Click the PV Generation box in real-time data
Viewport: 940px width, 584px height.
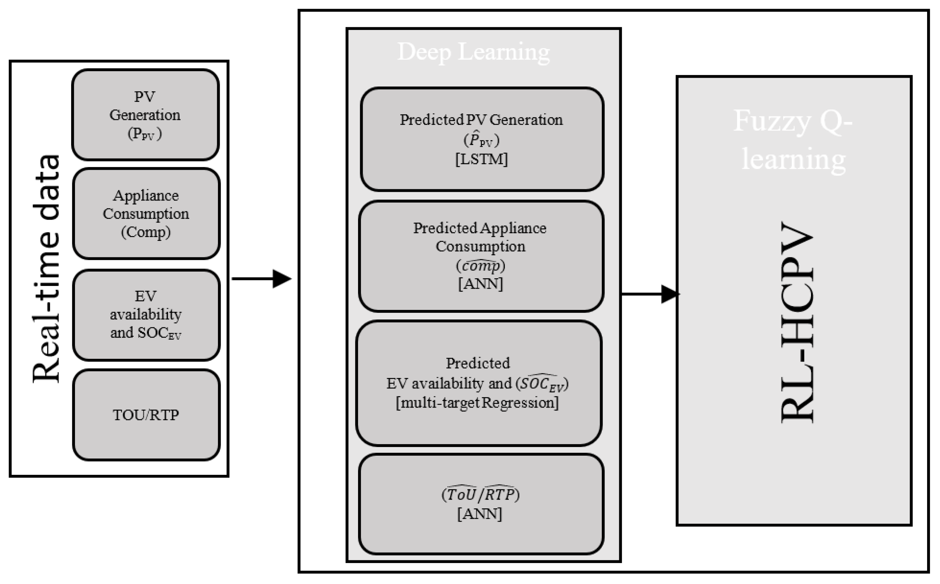click(x=146, y=115)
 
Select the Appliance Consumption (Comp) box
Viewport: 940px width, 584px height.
click(x=146, y=214)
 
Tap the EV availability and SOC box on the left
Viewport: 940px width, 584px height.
click(x=146, y=315)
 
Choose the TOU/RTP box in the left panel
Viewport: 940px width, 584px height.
click(x=146, y=415)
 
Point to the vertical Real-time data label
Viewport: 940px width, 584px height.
click(x=46, y=268)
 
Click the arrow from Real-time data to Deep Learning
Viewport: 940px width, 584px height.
click(x=261, y=279)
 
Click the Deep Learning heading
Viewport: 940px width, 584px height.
click(x=473, y=52)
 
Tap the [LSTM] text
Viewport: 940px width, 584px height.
click(x=482, y=159)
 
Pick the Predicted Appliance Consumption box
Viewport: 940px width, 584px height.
click(x=481, y=256)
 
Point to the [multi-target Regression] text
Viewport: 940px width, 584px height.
click(x=477, y=403)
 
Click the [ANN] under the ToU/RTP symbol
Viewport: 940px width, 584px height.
click(x=480, y=514)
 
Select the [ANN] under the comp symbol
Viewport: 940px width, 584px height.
click(x=480, y=284)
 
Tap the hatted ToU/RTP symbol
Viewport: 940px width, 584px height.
click(x=480, y=494)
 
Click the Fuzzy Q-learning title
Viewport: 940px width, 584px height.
click(x=793, y=139)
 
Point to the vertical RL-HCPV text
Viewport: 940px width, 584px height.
click(x=797, y=323)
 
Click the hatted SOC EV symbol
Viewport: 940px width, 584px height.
click(x=542, y=383)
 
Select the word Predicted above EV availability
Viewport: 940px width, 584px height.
click(x=478, y=363)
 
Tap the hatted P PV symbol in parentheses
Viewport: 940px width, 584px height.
click(x=481, y=140)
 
